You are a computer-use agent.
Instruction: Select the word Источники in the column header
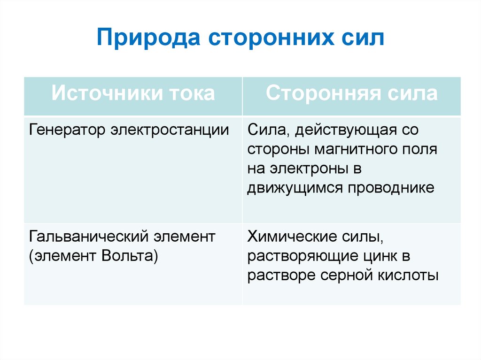[x=102, y=93]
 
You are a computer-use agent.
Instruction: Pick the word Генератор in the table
[x=67, y=130]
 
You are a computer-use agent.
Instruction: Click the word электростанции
[x=170, y=130]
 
